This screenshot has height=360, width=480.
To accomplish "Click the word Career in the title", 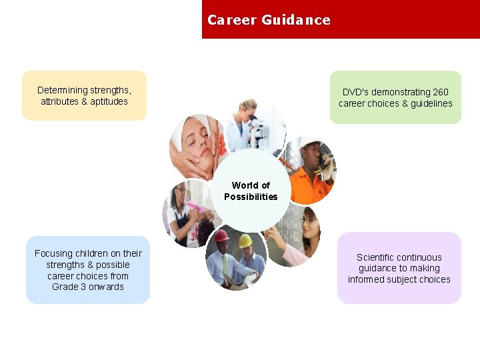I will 231,20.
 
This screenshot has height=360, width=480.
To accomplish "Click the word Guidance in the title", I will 295,20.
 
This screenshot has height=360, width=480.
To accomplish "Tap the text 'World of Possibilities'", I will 251,191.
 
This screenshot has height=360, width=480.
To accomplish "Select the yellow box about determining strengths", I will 84,95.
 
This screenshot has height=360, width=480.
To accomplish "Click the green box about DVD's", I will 395,97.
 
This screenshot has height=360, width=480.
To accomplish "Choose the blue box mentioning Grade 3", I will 88,270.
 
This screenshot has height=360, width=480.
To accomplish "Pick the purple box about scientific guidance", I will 399,268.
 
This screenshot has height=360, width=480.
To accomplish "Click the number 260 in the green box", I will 440,92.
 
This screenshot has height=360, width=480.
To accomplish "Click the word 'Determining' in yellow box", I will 62,90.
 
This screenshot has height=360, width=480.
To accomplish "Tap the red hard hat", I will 221,236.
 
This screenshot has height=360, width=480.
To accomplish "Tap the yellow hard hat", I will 245,240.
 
